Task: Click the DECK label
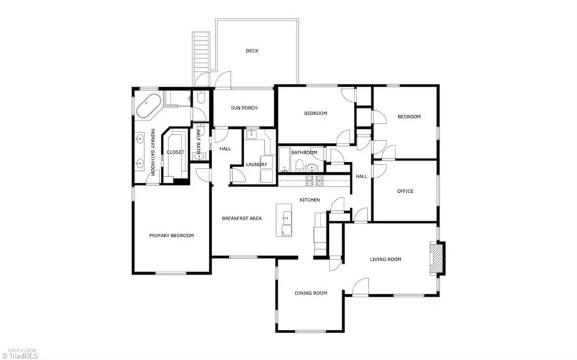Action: tap(252, 51)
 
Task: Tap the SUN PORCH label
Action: tap(244, 108)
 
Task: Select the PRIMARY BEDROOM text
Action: tap(171, 236)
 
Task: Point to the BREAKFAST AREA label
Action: tap(242, 219)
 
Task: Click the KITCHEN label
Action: tap(310, 200)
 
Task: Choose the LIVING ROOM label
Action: tap(385, 259)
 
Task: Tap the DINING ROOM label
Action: tap(311, 293)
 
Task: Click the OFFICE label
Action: tap(405, 191)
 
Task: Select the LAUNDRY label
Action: tap(256, 165)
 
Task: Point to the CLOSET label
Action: tap(175, 152)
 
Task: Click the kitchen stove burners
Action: tap(314, 181)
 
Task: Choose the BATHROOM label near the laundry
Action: tap(304, 152)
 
